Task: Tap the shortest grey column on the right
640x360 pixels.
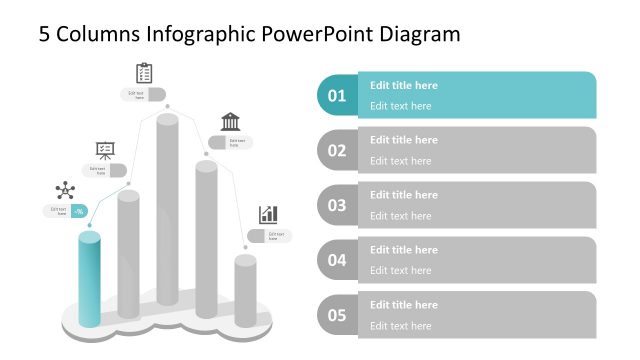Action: pyautogui.click(x=245, y=290)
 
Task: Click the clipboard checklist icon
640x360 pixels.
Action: pyautogui.click(x=144, y=73)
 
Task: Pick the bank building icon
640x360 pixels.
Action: pyautogui.click(x=230, y=122)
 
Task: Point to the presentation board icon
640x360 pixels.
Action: pyautogui.click(x=105, y=150)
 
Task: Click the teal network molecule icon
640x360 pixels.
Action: pyautogui.click(x=66, y=191)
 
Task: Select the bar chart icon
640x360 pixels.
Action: pyautogui.click(x=268, y=214)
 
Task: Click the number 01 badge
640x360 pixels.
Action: pyautogui.click(x=337, y=96)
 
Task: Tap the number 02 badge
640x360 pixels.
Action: pyautogui.click(x=337, y=151)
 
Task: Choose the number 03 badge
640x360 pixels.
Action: pyautogui.click(x=337, y=206)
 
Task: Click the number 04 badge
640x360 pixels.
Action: pyautogui.click(x=337, y=261)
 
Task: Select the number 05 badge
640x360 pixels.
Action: pyautogui.click(x=337, y=316)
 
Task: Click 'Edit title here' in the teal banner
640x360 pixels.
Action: pyautogui.click(x=404, y=86)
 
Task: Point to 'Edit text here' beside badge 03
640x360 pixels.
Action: pyautogui.click(x=401, y=216)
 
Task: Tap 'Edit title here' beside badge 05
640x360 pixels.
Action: pyautogui.click(x=404, y=305)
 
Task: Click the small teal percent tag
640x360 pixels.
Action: pyautogui.click(x=78, y=211)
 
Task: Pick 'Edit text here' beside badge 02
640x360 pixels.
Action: pyautogui.click(x=401, y=161)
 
